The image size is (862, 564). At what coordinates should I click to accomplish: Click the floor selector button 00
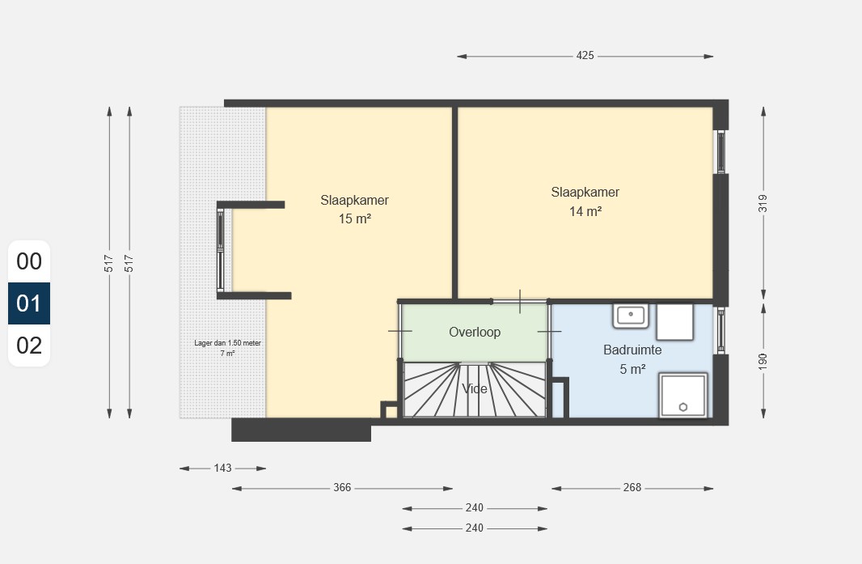click(29, 261)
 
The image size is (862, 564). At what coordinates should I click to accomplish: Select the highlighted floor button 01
click(29, 303)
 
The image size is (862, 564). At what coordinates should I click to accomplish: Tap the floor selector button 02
click(29, 346)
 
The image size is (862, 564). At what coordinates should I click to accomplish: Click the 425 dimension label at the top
click(585, 56)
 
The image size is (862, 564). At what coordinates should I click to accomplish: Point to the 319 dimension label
click(763, 203)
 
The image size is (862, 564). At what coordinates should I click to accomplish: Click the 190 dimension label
click(763, 361)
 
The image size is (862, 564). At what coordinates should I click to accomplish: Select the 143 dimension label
click(222, 468)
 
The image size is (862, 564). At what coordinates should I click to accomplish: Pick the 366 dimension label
click(342, 487)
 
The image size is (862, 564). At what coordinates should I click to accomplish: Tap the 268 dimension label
click(632, 487)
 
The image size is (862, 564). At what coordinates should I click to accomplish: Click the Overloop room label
click(475, 332)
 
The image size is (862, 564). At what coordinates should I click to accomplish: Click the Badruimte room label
click(632, 350)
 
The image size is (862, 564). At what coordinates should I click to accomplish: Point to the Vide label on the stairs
click(475, 389)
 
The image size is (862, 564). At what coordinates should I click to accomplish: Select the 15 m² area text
click(355, 218)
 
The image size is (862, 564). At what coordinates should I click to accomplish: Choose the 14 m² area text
click(585, 211)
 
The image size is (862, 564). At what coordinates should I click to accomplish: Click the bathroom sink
click(631, 316)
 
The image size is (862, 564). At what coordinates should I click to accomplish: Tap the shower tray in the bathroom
click(683, 395)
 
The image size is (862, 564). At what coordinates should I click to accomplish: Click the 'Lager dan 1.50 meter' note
click(227, 343)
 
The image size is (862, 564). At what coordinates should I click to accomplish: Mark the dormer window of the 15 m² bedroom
click(221, 250)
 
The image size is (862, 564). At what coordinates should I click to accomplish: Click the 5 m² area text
click(632, 369)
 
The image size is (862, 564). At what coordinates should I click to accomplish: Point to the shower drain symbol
click(683, 407)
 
